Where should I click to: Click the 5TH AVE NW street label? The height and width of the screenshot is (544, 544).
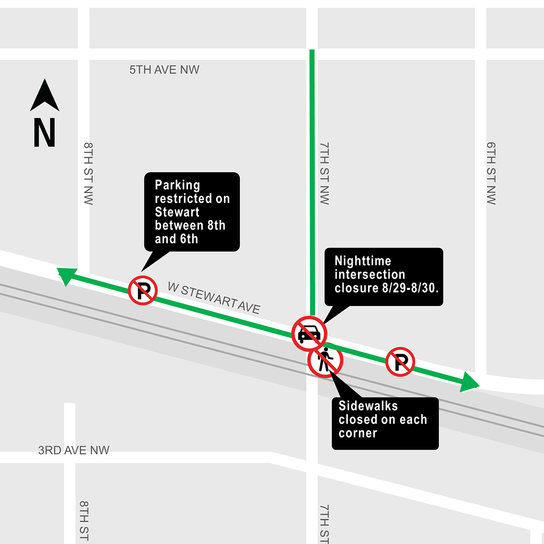164,70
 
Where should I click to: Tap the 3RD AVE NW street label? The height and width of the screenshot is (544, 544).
73,450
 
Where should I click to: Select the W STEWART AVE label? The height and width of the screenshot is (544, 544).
214,298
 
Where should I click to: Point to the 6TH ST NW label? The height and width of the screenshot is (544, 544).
491,173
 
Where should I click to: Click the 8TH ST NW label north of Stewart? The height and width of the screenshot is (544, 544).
88,173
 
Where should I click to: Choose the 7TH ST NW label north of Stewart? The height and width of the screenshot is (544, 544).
324,173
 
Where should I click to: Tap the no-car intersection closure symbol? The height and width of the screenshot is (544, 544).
309,334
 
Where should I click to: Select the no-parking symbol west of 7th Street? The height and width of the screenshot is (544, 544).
143,291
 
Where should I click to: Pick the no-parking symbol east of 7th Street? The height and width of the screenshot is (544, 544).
400,362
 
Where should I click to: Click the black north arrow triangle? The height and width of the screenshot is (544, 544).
44,96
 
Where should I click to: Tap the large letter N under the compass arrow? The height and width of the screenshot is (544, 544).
44,132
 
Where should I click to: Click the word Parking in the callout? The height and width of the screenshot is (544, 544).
177,185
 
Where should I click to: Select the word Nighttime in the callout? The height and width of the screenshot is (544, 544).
363,261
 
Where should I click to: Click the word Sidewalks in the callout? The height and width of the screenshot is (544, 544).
368,406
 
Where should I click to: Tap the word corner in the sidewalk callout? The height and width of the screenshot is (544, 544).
358,433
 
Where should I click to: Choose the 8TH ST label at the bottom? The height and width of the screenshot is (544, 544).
84,520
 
